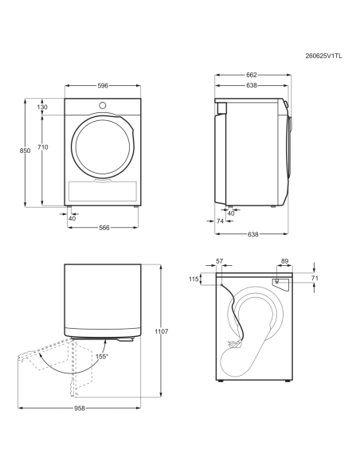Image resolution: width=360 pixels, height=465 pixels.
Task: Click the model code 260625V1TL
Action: point(323,56)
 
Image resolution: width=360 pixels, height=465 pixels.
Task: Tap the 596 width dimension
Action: point(103,86)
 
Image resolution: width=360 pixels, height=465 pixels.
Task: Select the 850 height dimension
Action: point(25,150)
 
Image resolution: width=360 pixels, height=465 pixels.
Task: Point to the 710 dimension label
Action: point(43,147)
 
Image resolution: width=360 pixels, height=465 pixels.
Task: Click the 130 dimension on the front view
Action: point(42,107)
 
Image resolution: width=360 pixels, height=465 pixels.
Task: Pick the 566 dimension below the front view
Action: point(104,228)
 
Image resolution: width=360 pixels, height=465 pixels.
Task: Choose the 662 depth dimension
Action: point(252,75)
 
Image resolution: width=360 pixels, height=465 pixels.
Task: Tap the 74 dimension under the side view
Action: point(220,221)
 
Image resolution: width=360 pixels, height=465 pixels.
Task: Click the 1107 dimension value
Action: point(162,331)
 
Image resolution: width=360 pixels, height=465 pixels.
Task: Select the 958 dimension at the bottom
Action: point(80,408)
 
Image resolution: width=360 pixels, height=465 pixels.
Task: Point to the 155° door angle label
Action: point(102,357)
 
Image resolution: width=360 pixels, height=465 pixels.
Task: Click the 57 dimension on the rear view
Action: point(220,261)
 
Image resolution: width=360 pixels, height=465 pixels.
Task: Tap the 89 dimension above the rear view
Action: point(284,261)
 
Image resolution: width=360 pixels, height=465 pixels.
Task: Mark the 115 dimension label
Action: point(194,279)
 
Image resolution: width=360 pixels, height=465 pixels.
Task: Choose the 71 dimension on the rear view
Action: point(315,278)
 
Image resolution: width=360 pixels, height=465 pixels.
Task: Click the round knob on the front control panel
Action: point(103,105)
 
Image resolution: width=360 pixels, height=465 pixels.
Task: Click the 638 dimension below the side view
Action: point(253,234)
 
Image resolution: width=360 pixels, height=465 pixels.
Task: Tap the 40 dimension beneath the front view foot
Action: point(72,218)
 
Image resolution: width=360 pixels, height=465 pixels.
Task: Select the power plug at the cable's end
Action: point(235,344)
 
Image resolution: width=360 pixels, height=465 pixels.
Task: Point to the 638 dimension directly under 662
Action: point(252,85)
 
